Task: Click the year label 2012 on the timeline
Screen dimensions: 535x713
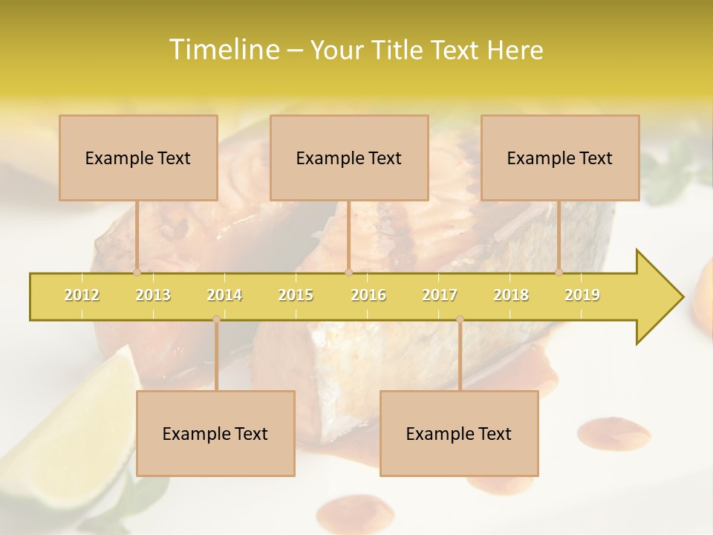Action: [82, 295]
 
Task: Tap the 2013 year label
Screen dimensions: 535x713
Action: [153, 295]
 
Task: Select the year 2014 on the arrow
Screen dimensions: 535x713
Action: [224, 295]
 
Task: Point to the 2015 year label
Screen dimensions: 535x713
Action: [296, 295]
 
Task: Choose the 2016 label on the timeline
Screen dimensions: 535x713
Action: [368, 295]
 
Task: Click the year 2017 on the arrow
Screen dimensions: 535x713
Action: [440, 295]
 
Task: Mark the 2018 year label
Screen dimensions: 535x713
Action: [511, 295]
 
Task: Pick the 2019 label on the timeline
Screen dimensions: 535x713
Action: [582, 295]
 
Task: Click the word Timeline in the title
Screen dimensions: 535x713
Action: [223, 50]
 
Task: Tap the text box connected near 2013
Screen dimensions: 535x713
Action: [138, 158]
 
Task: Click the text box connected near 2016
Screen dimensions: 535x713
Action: [349, 158]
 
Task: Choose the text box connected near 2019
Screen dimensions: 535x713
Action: [560, 158]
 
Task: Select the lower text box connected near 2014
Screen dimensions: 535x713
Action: [215, 433]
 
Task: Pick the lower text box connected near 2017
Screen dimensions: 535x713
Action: [459, 433]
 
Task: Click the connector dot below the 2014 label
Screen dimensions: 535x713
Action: [216, 319]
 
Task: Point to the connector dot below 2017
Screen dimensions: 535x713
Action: [460, 319]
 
